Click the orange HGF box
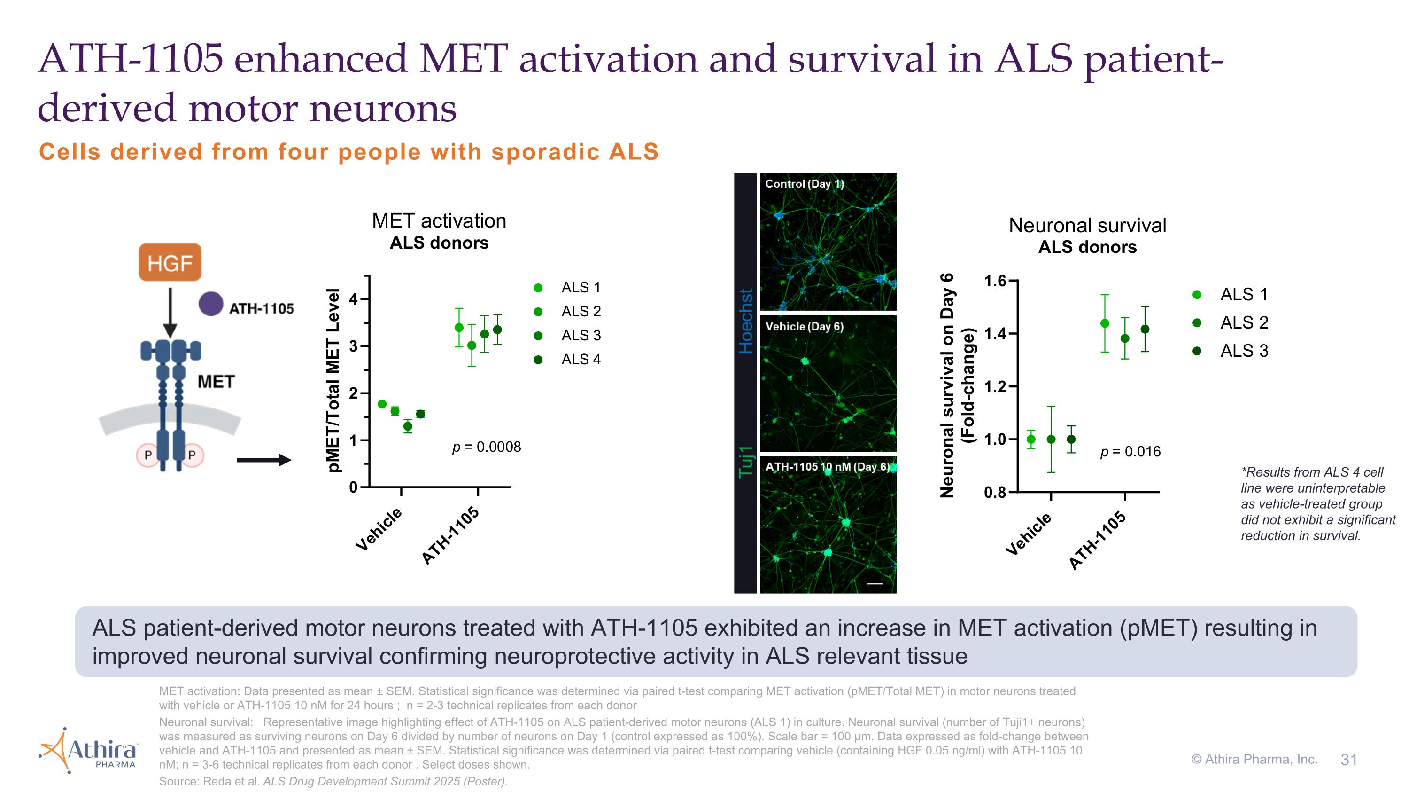pyautogui.click(x=170, y=263)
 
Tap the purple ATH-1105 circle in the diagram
pyautogui.click(x=211, y=304)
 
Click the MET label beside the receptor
pyautogui.click(x=216, y=381)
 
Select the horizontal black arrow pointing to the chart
pyautogui.click(x=264, y=460)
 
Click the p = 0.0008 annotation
pyautogui.click(x=486, y=447)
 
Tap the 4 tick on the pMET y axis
pyautogui.click(x=353, y=299)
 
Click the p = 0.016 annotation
pyautogui.click(x=1130, y=452)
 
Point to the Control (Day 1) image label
pyautogui.click(x=804, y=184)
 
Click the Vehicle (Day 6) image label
pyautogui.click(x=804, y=327)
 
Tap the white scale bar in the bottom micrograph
pyautogui.click(x=875, y=584)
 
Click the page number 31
pyautogui.click(x=1349, y=760)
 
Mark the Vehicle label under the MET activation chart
pyautogui.click(x=379, y=529)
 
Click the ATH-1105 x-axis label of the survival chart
pyautogui.click(x=1097, y=541)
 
